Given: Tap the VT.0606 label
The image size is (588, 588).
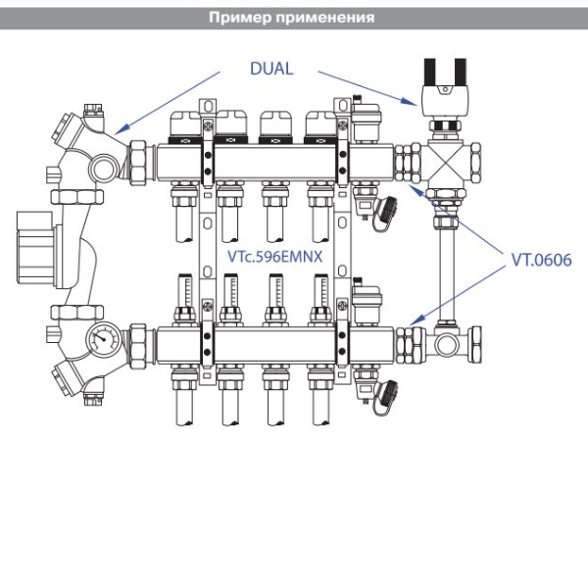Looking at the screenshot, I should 537,262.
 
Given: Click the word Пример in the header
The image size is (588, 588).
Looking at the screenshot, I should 240,18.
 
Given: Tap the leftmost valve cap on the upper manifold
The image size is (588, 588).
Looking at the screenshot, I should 184,123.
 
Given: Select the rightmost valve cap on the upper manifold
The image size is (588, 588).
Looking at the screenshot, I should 318,123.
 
